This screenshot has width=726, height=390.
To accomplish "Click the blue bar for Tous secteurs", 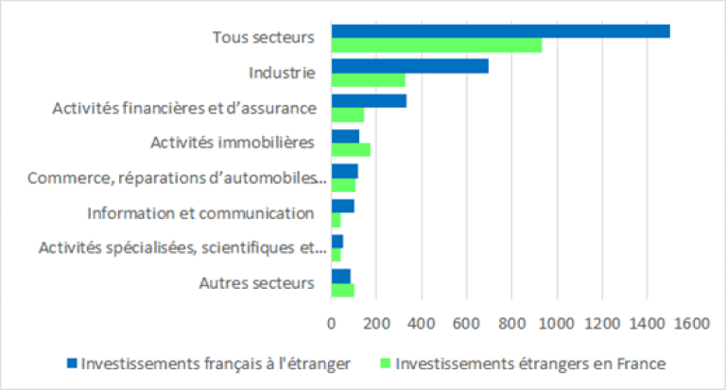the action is (x=500, y=31).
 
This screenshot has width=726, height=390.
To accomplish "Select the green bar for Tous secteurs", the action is (x=437, y=45).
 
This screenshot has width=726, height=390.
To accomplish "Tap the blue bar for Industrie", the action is (x=409, y=66).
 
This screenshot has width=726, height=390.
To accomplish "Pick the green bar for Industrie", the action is (x=368, y=80).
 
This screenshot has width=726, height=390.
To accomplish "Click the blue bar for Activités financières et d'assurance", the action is (x=369, y=101).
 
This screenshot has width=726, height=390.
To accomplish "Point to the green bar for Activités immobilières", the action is (x=351, y=150).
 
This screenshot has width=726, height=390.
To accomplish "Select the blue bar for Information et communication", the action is (x=342, y=206).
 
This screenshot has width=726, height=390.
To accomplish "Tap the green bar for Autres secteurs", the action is (x=342, y=290).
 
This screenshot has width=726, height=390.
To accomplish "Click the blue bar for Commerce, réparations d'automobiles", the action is (x=344, y=171).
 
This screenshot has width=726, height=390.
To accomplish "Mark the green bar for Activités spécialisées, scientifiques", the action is (x=337, y=255).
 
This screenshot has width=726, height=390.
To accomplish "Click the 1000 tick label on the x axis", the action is (x=557, y=323).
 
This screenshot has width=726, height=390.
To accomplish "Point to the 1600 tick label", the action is (x=692, y=323).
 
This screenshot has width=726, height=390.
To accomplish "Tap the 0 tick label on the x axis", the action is (x=331, y=323).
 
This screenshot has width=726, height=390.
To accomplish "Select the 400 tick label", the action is (x=422, y=323).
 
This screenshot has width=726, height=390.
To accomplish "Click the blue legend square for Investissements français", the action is (x=72, y=364).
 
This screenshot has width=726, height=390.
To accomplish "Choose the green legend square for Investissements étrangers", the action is (x=386, y=364).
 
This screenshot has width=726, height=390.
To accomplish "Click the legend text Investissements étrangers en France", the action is (x=530, y=364).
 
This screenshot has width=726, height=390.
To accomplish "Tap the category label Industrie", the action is (x=282, y=73).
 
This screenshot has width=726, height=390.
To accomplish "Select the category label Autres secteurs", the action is (x=257, y=283).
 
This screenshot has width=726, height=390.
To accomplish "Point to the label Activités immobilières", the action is (x=233, y=142).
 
